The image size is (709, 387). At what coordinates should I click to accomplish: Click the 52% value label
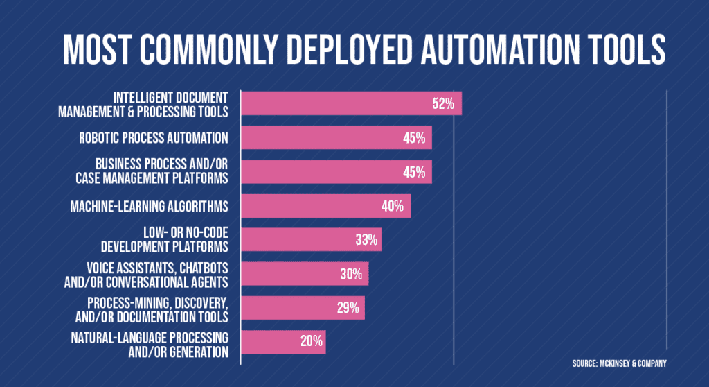pos(443,104)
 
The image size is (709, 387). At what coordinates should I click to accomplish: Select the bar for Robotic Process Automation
pos(336,138)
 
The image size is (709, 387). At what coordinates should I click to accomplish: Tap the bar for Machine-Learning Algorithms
pos(325,206)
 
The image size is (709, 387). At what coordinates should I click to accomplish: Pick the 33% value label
pos(366,240)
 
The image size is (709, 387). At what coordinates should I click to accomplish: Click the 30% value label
pos(351,274)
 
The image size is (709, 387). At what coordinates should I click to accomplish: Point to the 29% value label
pos(348,308)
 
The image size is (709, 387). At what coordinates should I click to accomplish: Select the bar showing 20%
pos(283,342)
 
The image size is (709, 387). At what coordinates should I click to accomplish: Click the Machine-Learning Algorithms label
pos(150,206)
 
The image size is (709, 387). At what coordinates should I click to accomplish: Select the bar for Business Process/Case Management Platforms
pos(336,172)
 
